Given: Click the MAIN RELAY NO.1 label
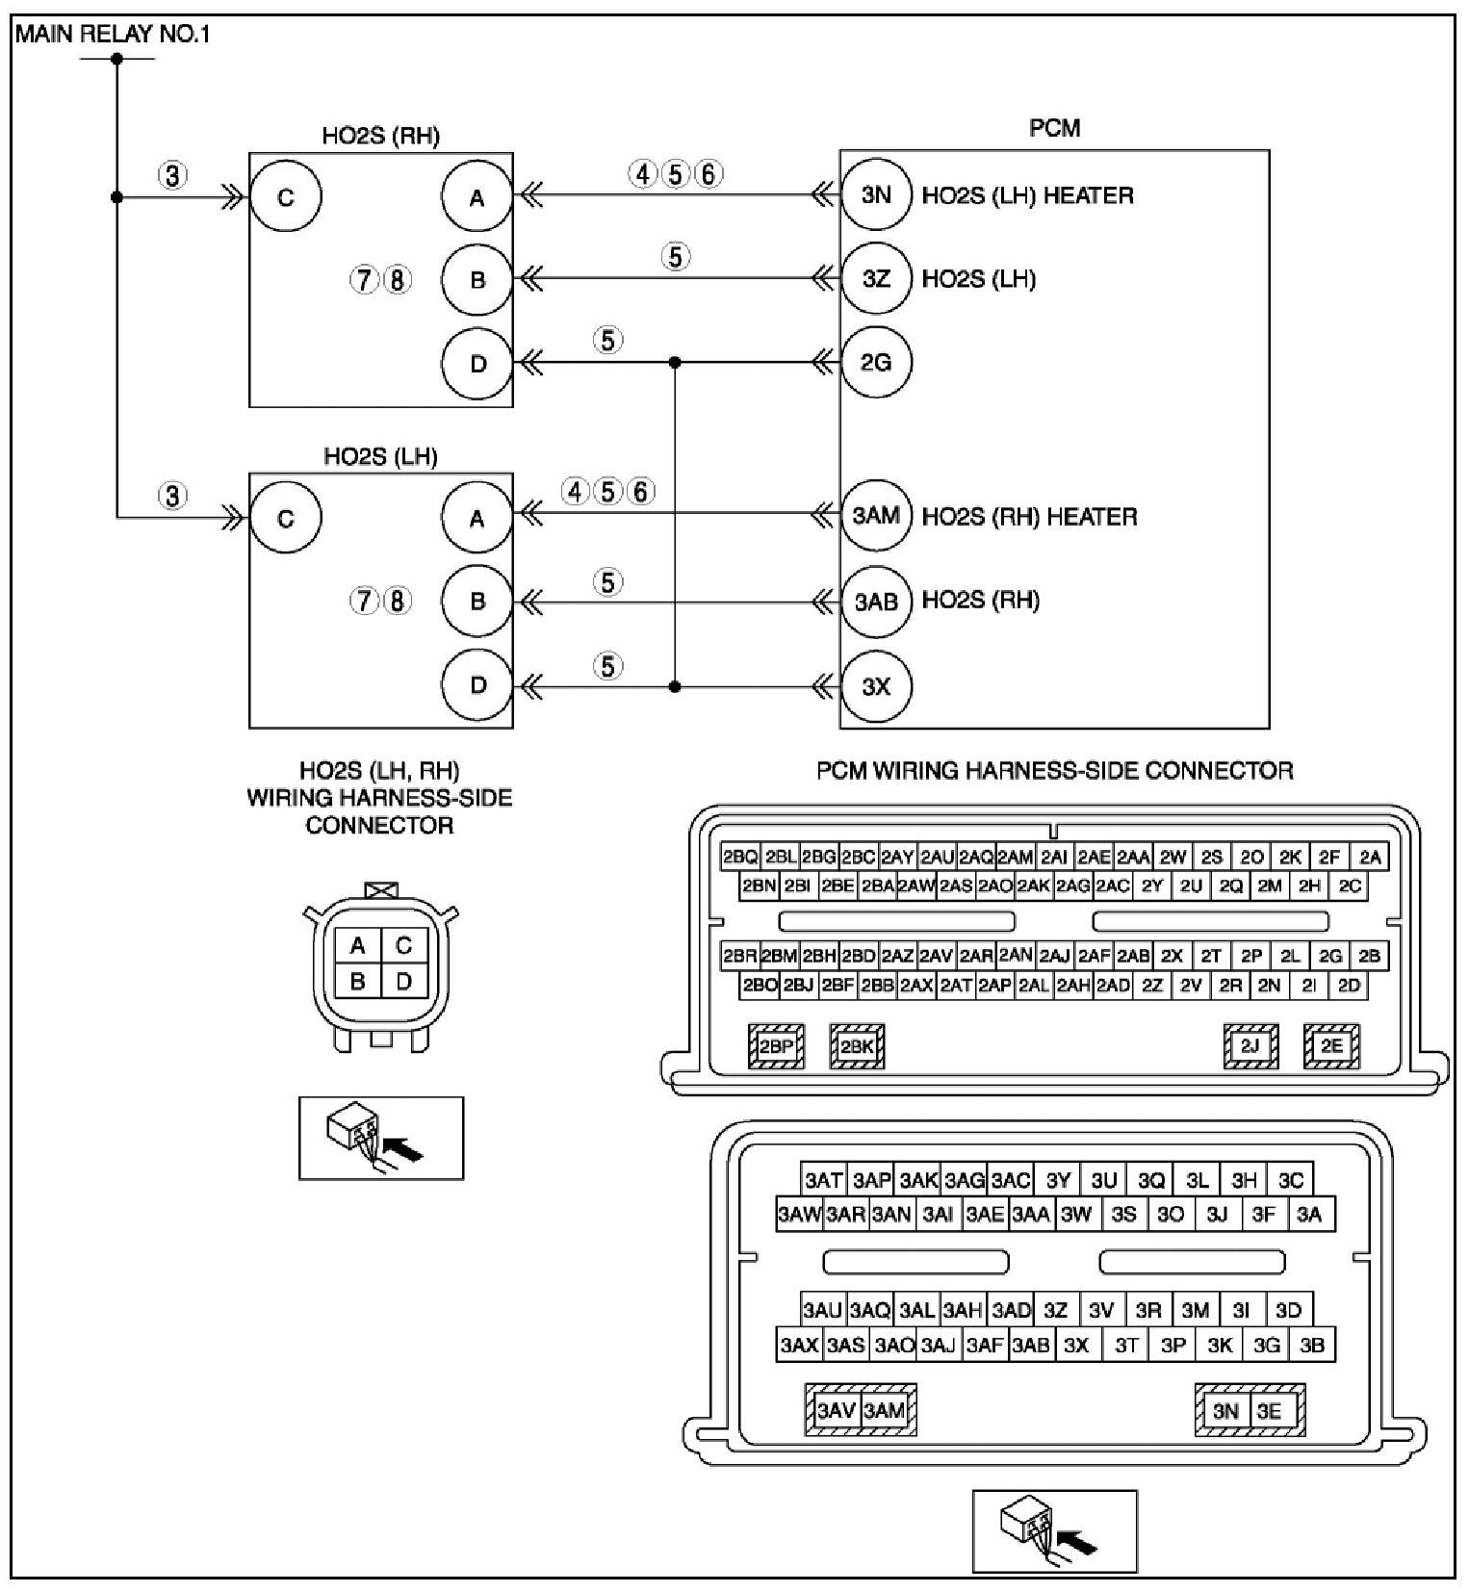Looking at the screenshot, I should [x=113, y=35].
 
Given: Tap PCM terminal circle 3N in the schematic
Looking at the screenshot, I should [x=875, y=195].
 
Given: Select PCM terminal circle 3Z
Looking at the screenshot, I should [x=875, y=279].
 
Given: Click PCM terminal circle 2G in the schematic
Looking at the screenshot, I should [x=875, y=363].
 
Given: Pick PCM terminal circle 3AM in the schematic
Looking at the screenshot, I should [x=875, y=516].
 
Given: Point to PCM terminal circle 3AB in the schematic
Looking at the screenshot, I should [x=875, y=602].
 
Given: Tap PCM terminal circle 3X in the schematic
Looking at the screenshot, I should [x=875, y=686].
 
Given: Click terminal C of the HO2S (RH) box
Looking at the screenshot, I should [x=285, y=197].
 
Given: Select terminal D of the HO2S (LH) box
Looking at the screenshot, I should [x=477, y=685].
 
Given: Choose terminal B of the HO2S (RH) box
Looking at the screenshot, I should [x=477, y=280].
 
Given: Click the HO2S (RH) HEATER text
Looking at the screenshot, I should [x=1029, y=517].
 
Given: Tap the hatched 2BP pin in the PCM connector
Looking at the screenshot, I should [x=776, y=1046].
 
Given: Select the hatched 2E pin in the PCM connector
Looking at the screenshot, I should [x=1331, y=1046].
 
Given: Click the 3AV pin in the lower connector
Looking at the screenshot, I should [x=836, y=1411].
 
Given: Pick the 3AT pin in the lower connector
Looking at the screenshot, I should [x=824, y=1180].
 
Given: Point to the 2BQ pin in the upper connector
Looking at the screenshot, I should [x=740, y=857].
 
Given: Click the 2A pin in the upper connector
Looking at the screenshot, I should [x=1370, y=857].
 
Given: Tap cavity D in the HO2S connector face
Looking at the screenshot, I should [x=404, y=981].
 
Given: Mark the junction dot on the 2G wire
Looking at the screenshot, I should [x=675, y=363].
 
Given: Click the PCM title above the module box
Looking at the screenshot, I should [x=1054, y=128].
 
